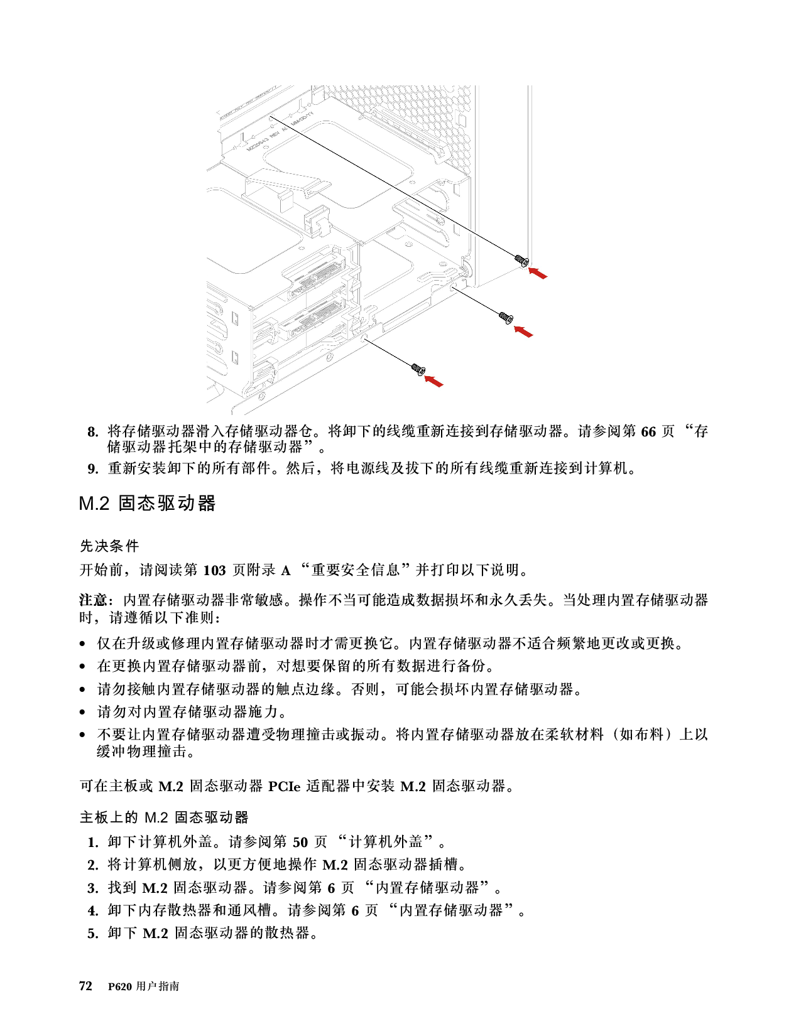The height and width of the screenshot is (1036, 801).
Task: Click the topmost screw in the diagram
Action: tap(522, 261)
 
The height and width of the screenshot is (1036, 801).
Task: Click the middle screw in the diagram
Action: tap(506, 317)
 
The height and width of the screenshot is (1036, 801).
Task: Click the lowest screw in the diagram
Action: tap(418, 369)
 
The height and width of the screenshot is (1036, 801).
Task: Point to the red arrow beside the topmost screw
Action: tap(538, 273)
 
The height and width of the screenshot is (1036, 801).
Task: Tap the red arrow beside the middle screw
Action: tap(523, 332)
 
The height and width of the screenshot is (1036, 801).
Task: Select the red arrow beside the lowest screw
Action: tap(433, 381)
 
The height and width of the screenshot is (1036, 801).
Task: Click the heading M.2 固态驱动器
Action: tap(147, 503)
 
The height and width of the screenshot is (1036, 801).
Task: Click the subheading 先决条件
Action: tap(109, 546)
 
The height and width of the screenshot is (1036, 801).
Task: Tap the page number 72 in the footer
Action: tap(85, 986)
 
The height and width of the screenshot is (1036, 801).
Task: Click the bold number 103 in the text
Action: tap(214, 570)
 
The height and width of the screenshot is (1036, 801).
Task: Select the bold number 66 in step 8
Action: tap(648, 432)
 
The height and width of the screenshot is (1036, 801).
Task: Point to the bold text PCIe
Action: tap(285, 786)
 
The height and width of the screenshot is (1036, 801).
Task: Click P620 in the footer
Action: tap(120, 986)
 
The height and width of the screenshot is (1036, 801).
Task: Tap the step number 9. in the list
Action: tap(93, 469)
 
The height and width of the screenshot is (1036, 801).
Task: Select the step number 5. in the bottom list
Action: tap(93, 934)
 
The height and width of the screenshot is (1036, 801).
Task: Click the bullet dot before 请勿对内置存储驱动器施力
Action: tap(82, 713)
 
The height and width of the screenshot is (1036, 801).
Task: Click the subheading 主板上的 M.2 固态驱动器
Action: tap(164, 817)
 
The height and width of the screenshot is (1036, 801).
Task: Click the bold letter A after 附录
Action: tap(286, 570)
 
